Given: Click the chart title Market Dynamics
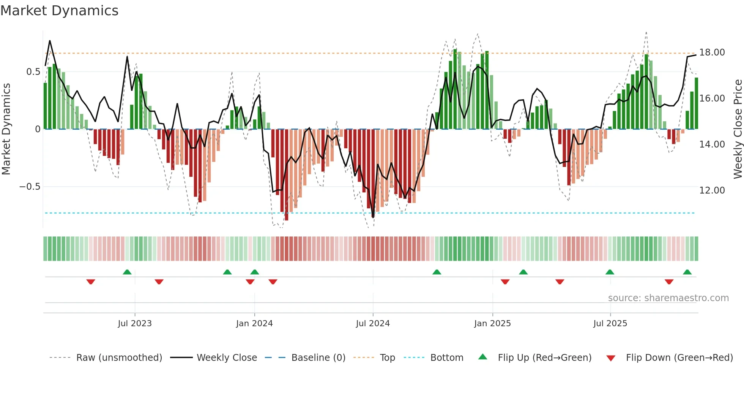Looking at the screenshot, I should click(60, 11).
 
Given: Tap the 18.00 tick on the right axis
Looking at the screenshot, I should click(712, 52).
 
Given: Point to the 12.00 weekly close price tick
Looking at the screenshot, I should click(712, 190).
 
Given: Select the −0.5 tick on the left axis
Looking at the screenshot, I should click(30, 187).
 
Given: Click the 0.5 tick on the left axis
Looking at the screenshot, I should click(33, 72).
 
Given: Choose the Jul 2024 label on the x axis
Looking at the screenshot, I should click(373, 324).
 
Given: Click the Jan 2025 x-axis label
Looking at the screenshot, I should click(492, 324).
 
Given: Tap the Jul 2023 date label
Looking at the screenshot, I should click(135, 324).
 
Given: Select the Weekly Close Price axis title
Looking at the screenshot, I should click(738, 129).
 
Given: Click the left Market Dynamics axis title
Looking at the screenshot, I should click(6, 129).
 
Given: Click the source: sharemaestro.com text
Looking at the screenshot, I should click(668, 298).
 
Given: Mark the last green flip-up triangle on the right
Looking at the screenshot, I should click(687, 272).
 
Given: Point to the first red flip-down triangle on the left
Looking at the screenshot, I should click(91, 282).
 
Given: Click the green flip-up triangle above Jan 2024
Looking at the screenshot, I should click(255, 272).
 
